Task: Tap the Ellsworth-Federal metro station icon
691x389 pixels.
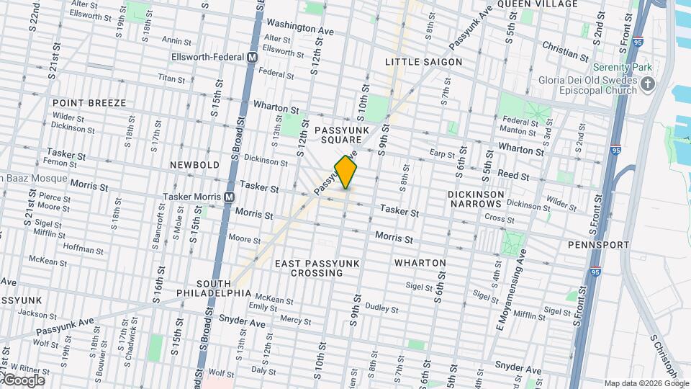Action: (253, 57)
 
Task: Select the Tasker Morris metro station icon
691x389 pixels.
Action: (230, 197)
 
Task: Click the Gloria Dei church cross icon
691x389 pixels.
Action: (648, 85)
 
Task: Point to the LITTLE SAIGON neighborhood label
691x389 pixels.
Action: (423, 62)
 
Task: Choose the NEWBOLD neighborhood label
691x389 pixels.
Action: (194, 165)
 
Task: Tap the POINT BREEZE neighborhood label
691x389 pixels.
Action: (89, 103)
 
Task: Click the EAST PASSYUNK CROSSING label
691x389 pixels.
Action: (316, 268)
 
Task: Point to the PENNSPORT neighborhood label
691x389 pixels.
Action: (598, 245)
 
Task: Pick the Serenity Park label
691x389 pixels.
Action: (622, 67)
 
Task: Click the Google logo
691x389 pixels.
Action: (23, 380)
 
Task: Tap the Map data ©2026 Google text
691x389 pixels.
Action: (646, 383)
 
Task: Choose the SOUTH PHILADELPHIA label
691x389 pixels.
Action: (214, 288)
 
